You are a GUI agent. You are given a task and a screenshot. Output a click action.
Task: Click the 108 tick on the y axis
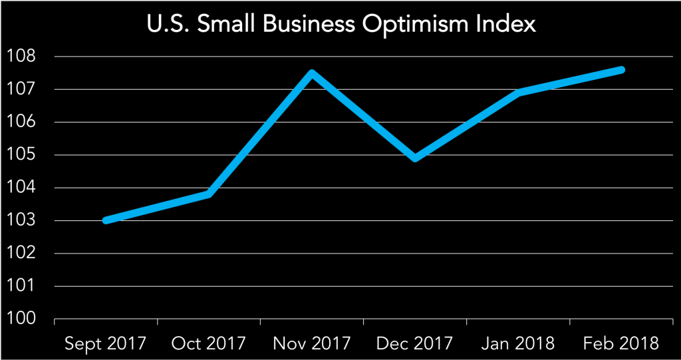pyautogui.click(x=21, y=57)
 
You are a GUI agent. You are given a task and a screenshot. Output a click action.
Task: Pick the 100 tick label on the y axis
pyautogui.click(x=21, y=319)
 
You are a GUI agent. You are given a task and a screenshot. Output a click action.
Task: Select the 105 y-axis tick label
pyautogui.click(x=21, y=155)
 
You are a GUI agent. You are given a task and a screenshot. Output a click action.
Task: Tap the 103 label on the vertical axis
pyautogui.click(x=21, y=221)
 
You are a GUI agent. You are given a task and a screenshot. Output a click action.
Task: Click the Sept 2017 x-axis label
pyautogui.click(x=106, y=343)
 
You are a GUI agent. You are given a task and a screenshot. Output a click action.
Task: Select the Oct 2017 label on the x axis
pyautogui.click(x=209, y=343)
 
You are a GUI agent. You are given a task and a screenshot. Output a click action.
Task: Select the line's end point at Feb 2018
pyautogui.click(x=621, y=70)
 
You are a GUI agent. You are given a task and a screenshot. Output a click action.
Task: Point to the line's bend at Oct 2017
pyautogui.click(x=209, y=194)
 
